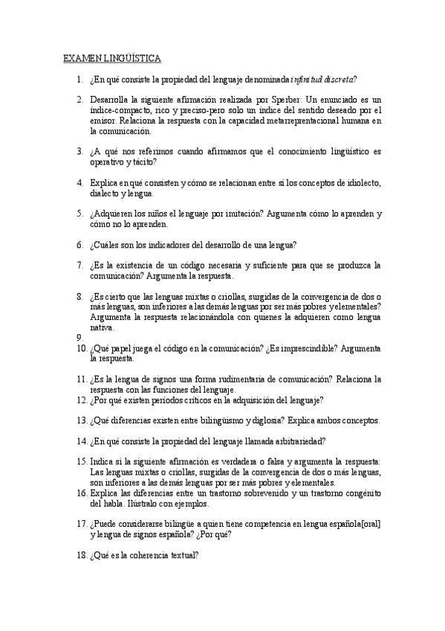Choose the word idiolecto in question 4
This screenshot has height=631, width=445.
click(360, 182)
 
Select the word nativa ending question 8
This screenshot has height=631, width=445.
click(102, 327)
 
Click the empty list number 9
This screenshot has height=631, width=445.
click(80, 337)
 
